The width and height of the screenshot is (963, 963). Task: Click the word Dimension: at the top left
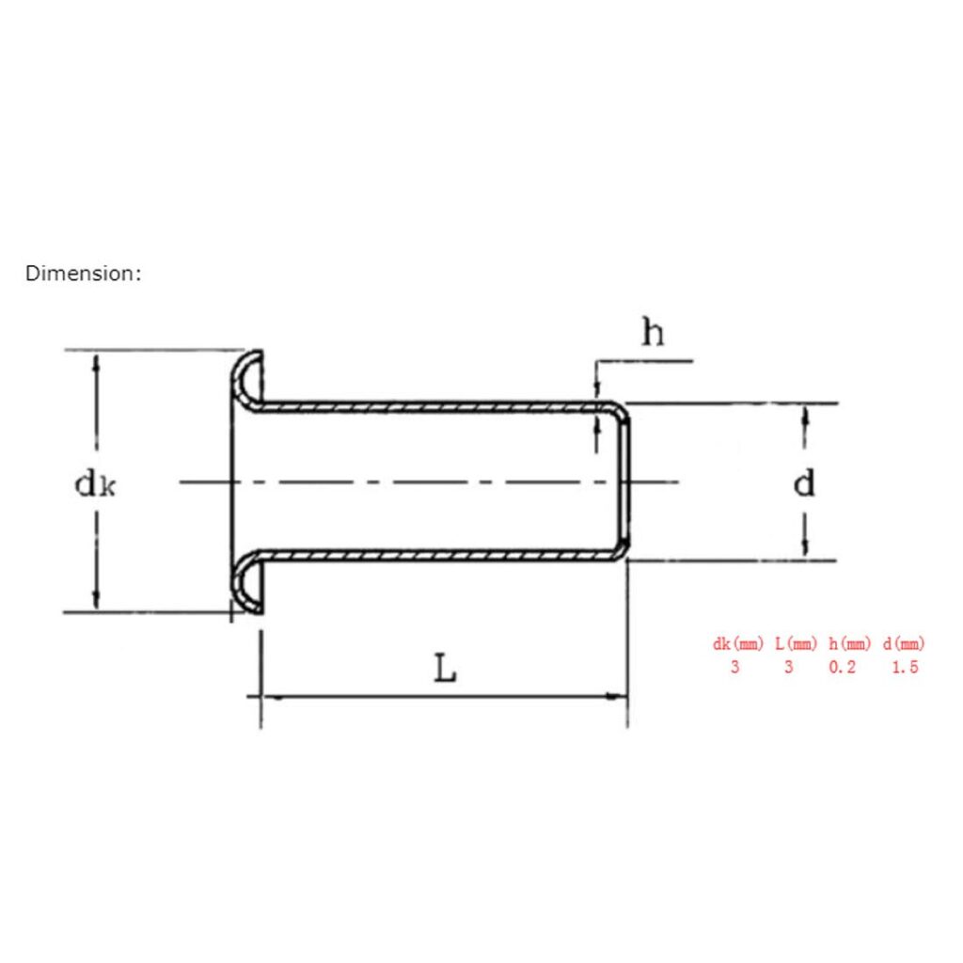84,274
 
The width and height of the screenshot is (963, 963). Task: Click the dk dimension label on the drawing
97,484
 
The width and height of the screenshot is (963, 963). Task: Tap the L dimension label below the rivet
445,669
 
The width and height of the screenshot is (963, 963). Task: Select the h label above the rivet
652,332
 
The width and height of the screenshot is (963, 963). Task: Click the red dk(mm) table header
738,644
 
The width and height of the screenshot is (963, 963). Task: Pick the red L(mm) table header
796,644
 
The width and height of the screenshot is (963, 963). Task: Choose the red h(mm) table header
850,644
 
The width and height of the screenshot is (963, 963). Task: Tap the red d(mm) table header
904,644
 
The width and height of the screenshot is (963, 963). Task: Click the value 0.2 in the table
843,668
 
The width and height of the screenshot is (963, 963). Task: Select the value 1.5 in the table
903,668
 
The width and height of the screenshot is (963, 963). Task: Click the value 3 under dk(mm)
735,668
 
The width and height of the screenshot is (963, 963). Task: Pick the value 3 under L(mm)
788,668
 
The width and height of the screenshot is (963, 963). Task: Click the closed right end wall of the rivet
624,481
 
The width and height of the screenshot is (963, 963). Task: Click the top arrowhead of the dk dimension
95,362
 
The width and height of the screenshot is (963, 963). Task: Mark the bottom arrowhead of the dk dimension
95,601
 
